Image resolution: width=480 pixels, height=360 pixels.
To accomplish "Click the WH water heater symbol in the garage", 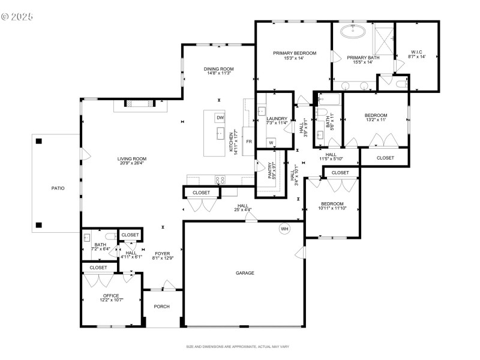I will pyautogui.click(x=284, y=229).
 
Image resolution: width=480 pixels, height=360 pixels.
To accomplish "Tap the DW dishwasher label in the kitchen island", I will pyautogui.click(x=220, y=118).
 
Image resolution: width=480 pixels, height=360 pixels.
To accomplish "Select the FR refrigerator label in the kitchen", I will pyautogui.click(x=248, y=142).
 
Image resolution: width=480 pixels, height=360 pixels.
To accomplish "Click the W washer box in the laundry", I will pyautogui.click(x=271, y=142).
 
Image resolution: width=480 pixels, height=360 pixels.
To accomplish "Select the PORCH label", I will pyautogui.click(x=161, y=307).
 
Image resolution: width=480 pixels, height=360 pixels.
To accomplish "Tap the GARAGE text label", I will pyautogui.click(x=245, y=273).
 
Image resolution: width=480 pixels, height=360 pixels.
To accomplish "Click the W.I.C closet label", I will pyautogui.click(x=417, y=52).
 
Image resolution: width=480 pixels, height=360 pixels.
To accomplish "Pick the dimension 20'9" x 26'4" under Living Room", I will pyautogui.click(x=132, y=163).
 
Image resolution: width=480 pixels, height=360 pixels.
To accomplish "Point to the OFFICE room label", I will pyautogui.click(x=111, y=295).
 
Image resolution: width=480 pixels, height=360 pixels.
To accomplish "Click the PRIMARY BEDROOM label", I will pyautogui.click(x=295, y=53).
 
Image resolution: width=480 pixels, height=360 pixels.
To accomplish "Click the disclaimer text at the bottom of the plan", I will pyautogui.click(x=238, y=347).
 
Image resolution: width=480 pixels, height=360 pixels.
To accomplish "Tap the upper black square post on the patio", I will pyautogui.click(x=39, y=141).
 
